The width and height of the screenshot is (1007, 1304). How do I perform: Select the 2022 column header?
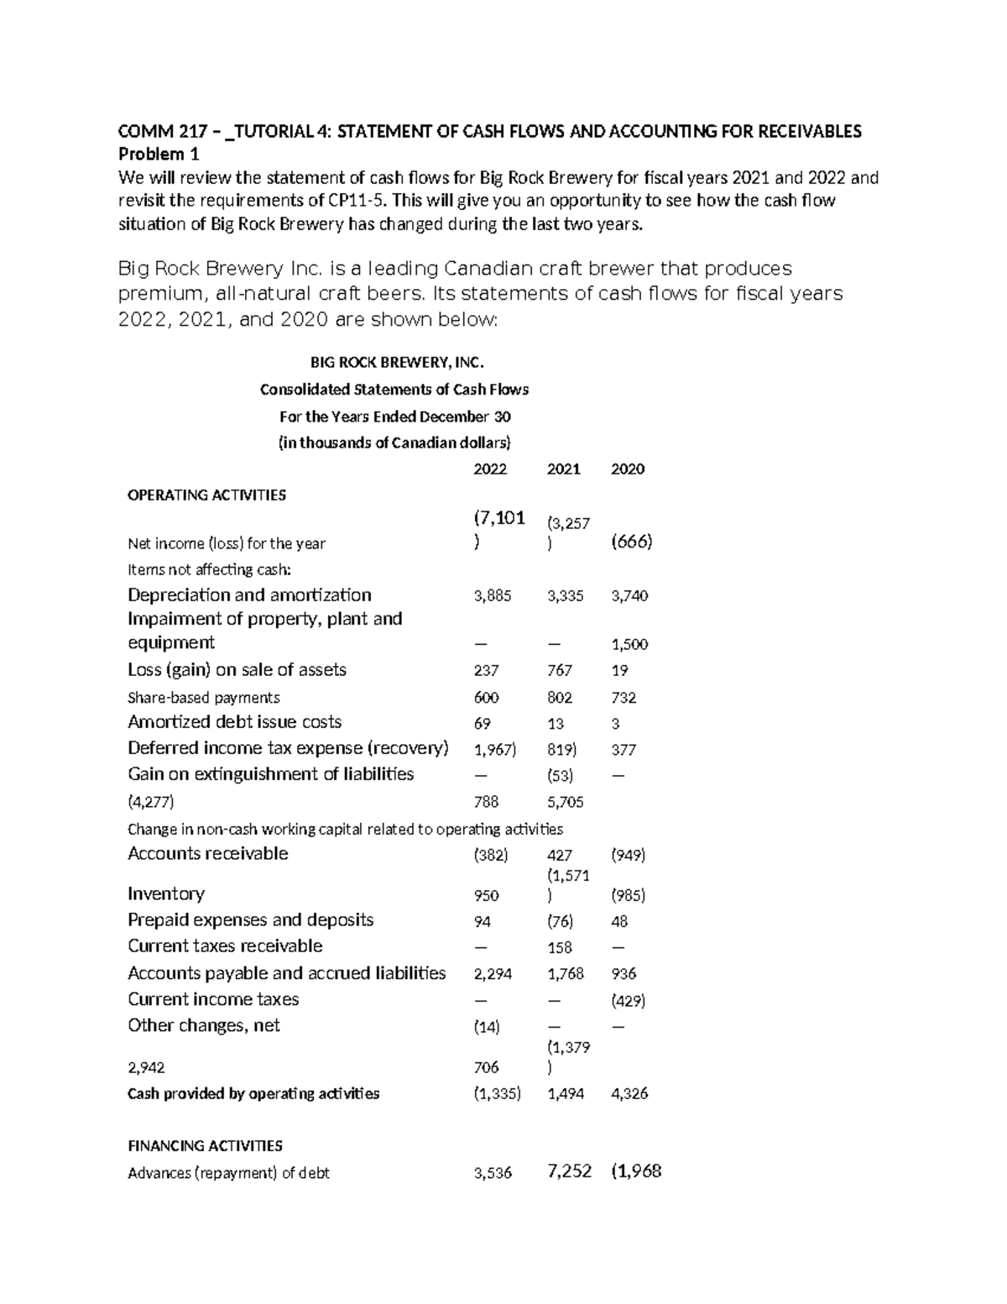490,469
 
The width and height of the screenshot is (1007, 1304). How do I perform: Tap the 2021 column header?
563,469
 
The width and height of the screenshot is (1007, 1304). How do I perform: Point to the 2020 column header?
628,469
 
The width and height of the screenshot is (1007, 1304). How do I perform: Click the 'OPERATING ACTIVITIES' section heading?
206,495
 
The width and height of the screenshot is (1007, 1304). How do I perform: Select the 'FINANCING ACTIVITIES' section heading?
205,1146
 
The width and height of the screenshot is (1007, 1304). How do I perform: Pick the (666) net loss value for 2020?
632,542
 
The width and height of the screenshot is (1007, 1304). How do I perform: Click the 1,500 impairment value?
629,645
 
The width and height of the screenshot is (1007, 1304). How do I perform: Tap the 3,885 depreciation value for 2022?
492,596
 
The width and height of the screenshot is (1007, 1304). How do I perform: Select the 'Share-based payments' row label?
204,698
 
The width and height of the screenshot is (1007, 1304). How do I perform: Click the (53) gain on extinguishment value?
560,777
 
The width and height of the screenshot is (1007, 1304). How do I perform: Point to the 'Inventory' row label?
166,894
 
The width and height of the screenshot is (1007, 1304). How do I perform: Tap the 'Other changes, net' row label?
204,1026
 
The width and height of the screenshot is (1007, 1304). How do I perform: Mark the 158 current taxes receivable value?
560,948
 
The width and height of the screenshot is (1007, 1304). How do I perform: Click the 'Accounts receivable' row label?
208,854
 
